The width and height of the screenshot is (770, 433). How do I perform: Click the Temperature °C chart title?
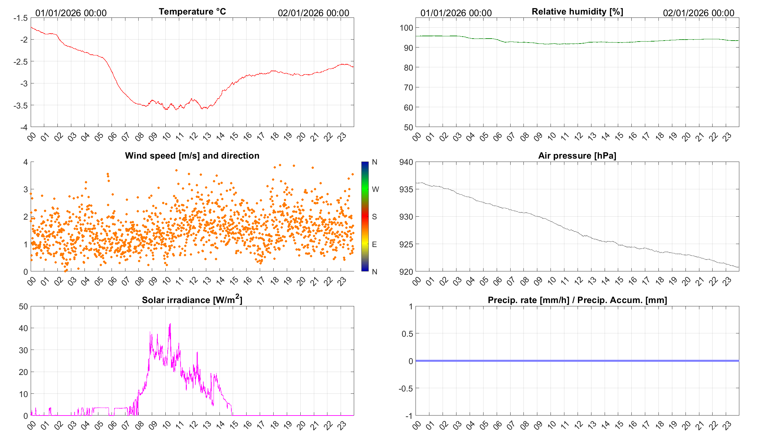coord(192,12)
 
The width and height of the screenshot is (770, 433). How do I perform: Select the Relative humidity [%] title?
coord(577,12)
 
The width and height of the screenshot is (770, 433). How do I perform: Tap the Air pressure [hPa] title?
coord(577,156)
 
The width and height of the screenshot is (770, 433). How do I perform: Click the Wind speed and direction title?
coord(192,156)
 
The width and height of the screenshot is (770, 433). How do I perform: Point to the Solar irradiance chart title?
coord(192,300)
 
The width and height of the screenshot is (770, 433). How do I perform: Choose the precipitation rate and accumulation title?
coord(577,300)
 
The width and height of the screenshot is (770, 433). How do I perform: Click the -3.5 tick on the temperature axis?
coord(21,106)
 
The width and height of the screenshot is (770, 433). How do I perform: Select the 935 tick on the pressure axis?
coord(406,189)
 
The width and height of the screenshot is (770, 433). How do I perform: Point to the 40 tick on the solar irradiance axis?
coord(23,328)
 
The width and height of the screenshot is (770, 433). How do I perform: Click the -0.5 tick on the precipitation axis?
coord(406,388)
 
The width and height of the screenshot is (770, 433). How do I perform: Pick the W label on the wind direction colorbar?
coord(375,189)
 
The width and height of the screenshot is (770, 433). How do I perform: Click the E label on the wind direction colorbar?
coord(374,244)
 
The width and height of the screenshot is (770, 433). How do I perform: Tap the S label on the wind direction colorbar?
coord(374,217)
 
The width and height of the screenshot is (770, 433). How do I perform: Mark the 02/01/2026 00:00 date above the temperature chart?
coord(313,13)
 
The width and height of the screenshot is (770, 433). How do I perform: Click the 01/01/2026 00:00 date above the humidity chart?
coord(456,13)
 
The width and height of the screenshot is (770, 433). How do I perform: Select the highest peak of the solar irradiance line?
coord(170,324)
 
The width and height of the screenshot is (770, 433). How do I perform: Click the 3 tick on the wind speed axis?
coord(26,189)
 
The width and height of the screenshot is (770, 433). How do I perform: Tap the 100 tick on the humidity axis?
coord(406,28)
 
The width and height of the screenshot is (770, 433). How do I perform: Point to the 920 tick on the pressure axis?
coord(406,272)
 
